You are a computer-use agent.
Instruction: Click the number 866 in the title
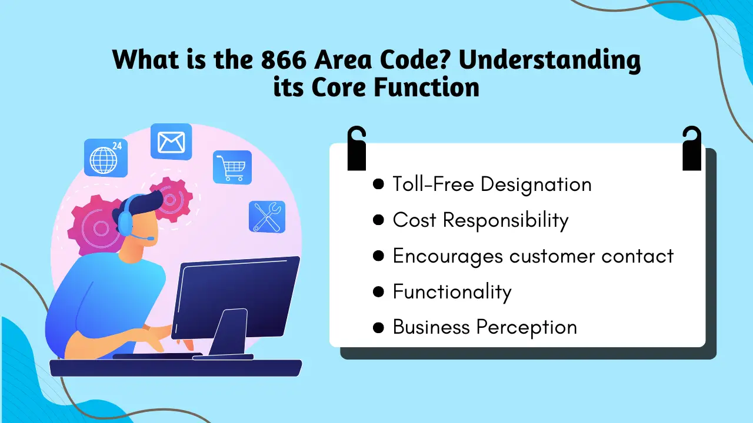[x=284, y=59]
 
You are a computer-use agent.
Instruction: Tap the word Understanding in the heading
[x=549, y=61]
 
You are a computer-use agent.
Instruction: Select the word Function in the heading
[x=427, y=88]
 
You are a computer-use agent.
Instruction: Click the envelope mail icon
[x=171, y=142]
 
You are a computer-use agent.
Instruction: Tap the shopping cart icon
[x=232, y=167]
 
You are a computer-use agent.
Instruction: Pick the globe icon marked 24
[x=105, y=158]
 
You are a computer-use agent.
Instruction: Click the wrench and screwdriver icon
[x=267, y=217]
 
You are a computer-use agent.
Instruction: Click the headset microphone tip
[x=151, y=239]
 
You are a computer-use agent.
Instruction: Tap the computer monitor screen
[x=235, y=297]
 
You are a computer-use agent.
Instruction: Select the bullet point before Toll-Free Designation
[x=378, y=184]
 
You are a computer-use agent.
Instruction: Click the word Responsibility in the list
[x=505, y=221]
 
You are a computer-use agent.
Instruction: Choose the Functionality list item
[x=452, y=292]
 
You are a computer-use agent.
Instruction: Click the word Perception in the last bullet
[x=527, y=328]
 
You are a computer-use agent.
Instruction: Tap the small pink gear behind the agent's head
[x=171, y=200]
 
